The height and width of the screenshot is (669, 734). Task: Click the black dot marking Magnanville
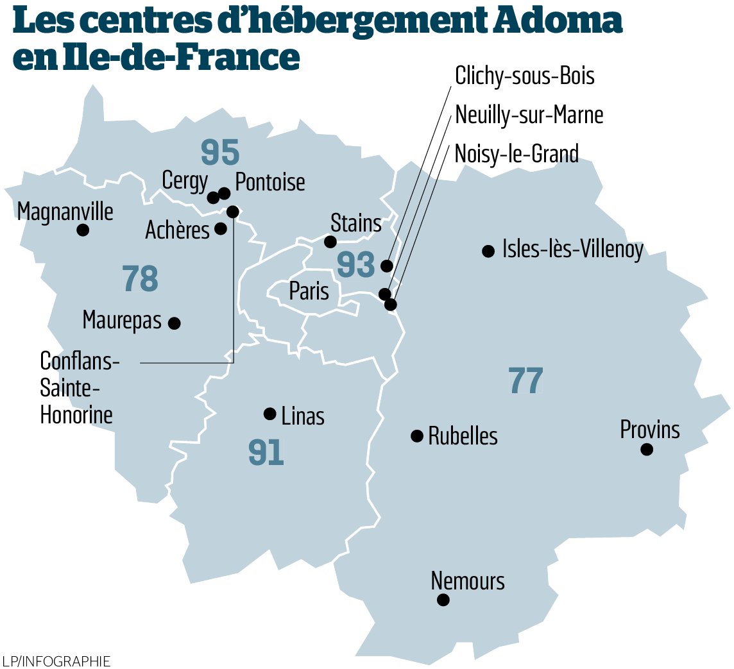83,230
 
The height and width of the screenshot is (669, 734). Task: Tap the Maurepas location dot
174,323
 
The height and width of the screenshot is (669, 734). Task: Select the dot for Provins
647,449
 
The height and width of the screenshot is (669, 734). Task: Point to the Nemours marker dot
443,600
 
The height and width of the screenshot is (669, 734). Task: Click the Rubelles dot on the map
417,436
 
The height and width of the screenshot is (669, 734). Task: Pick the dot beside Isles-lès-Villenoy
488,251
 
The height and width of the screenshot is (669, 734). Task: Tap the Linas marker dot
270,414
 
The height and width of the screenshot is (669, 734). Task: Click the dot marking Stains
330,242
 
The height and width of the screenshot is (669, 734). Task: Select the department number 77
526,380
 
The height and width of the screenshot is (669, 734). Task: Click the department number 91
266,453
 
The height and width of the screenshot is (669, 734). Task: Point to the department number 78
140,280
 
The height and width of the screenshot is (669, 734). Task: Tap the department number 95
220,152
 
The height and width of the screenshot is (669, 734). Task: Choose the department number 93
356,265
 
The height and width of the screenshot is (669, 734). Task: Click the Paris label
309,292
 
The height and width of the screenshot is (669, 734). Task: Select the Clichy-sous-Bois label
525,76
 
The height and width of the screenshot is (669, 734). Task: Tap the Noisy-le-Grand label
516,153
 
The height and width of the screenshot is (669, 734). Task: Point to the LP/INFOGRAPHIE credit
56,661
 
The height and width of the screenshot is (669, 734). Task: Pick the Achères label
178,230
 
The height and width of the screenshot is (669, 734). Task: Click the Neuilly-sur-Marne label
529,115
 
